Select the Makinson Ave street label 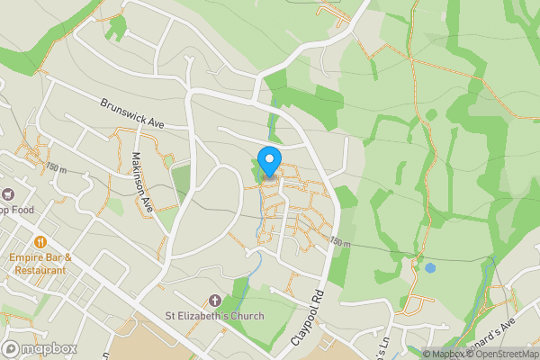point(141,176)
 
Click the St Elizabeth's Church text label point(214,316)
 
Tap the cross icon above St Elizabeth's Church point(214,300)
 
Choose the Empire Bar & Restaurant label point(40,263)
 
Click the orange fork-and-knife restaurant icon point(40,242)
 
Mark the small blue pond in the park point(430,267)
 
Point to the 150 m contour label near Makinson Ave point(56,168)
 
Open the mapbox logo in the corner point(37,348)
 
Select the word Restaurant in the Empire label point(40,269)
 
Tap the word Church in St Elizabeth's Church point(245,316)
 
